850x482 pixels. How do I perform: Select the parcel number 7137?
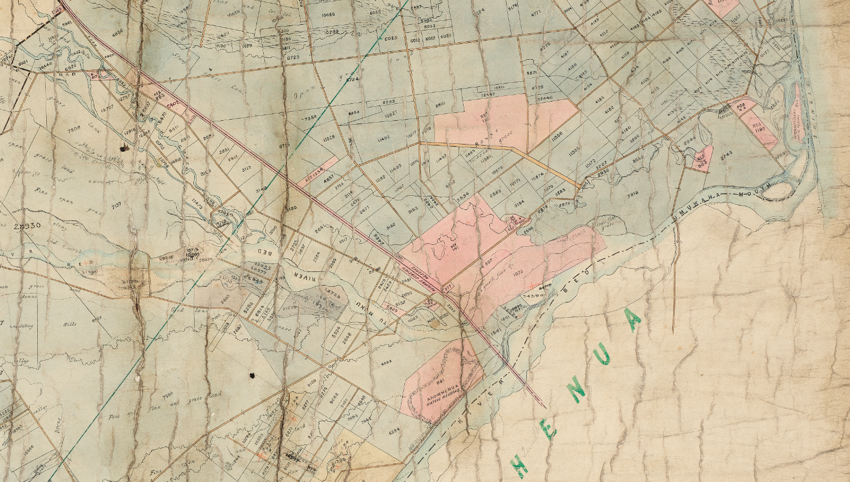tap(117, 207)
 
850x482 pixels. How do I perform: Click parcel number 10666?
tap(328, 15)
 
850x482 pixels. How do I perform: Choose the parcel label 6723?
tap(293, 57)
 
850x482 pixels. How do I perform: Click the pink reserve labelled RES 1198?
tap(759, 125)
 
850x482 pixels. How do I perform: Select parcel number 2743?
tap(727, 153)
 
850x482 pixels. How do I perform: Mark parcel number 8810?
tap(441, 104)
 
